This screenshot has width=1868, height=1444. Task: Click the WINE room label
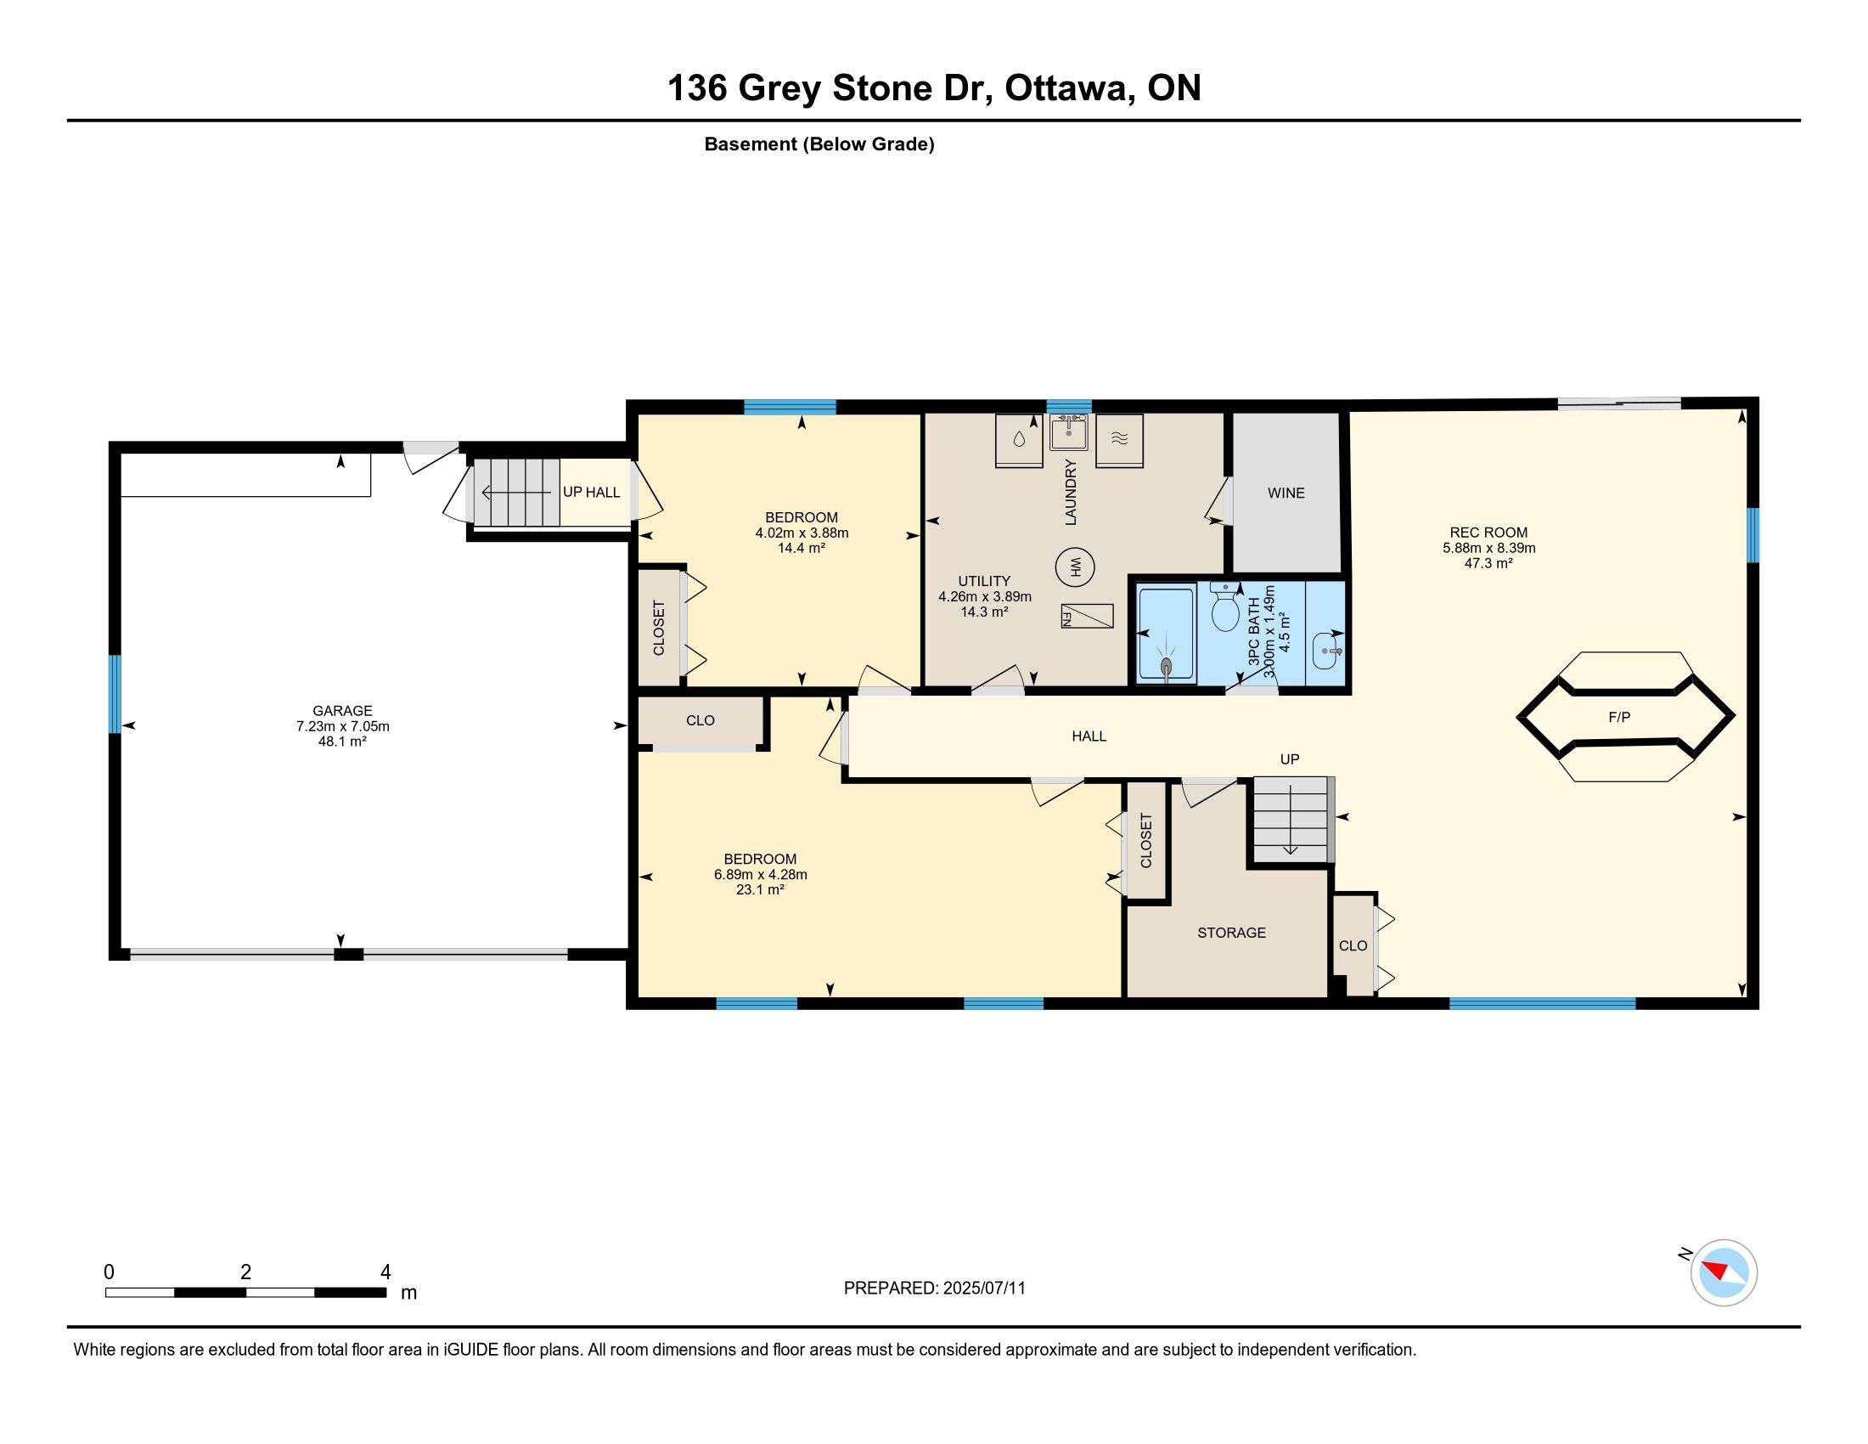(x=1286, y=493)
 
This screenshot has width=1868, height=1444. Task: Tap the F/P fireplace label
(x=1619, y=717)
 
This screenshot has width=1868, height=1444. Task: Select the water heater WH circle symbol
(x=1075, y=567)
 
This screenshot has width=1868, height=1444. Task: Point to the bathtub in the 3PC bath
(x=1166, y=635)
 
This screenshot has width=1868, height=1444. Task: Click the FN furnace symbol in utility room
(x=1087, y=616)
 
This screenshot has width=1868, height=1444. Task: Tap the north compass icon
(x=1723, y=1272)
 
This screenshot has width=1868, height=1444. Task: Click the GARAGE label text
(x=342, y=711)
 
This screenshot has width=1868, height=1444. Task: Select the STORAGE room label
(x=1231, y=933)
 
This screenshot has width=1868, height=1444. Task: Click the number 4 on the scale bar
(x=385, y=1272)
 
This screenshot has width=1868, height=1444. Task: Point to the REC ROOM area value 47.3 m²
(x=1489, y=563)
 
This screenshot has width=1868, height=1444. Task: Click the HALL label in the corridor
(x=1089, y=736)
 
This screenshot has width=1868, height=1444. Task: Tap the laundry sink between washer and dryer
(x=1069, y=432)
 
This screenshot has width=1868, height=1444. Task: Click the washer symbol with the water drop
(x=1019, y=441)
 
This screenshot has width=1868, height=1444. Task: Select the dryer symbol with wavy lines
(x=1120, y=441)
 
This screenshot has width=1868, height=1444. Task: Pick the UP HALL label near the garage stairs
(x=591, y=492)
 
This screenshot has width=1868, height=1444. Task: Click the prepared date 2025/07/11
(x=983, y=1289)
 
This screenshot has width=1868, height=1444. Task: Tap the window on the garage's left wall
(x=115, y=694)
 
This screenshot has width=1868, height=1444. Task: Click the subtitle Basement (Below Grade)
(x=819, y=144)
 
